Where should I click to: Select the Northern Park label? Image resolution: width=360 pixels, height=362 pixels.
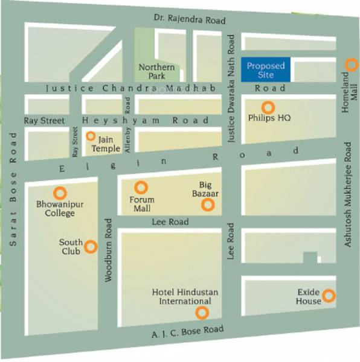[x=156, y=71]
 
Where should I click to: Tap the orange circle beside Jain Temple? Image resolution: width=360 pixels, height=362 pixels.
[x=91, y=136]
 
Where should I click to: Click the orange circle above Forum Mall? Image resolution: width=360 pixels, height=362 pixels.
[x=141, y=188]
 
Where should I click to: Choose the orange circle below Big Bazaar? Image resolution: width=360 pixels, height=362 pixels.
[x=208, y=206]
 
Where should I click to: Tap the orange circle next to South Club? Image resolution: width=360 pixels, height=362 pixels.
[x=91, y=246]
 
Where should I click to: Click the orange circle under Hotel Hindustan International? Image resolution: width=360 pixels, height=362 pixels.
[x=202, y=313]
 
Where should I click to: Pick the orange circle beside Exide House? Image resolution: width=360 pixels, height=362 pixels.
[x=328, y=296]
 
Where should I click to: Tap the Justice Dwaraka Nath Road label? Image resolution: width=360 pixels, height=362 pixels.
[x=231, y=87]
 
